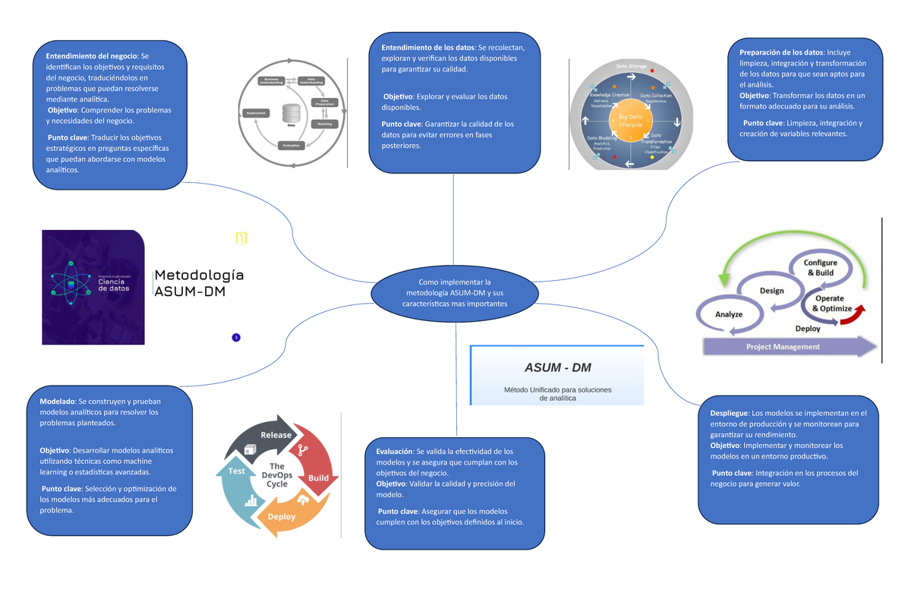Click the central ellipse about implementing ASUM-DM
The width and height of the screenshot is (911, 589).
click(x=454, y=293)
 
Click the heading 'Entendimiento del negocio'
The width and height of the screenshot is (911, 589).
click(x=91, y=56)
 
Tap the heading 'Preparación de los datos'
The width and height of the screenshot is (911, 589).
click(x=781, y=52)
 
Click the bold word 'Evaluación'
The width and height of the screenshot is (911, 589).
click(x=394, y=451)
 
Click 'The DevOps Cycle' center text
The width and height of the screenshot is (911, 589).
click(x=276, y=475)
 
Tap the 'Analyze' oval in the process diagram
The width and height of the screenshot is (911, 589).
click(x=728, y=313)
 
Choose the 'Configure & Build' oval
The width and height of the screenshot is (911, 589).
click(x=821, y=267)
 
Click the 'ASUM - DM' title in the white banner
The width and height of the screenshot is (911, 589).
click(x=557, y=368)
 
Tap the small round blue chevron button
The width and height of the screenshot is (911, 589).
click(x=236, y=337)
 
